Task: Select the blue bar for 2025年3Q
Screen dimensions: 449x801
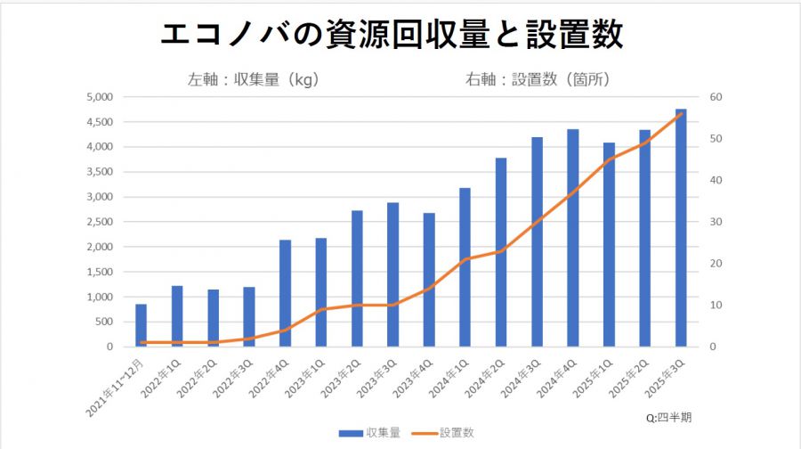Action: [681, 227]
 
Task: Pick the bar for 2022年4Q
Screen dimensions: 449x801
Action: [285, 293]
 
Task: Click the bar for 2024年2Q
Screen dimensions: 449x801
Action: [501, 252]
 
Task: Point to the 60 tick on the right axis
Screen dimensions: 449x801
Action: [716, 97]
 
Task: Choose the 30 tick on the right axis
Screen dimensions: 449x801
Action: [716, 222]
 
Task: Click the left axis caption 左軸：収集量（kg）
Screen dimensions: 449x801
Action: [254, 78]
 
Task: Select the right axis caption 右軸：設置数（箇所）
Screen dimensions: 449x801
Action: [538, 78]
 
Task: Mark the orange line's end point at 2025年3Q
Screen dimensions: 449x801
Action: [681, 113]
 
